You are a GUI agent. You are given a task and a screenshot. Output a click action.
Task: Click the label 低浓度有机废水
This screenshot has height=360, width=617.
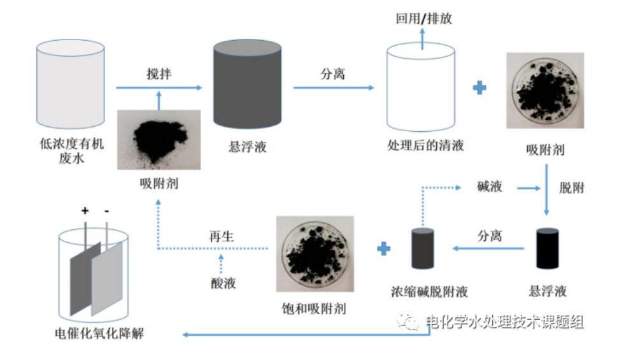pos(71,152)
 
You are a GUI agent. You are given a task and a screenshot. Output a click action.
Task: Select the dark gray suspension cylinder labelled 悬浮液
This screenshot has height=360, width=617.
pos(247,84)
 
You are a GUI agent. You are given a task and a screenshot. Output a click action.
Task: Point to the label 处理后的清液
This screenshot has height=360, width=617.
pos(425,145)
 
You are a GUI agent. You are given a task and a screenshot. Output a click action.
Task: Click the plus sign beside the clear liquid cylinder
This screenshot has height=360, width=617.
pos(480,87)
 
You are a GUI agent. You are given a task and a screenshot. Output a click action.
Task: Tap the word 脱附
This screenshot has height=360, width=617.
pos(571,187)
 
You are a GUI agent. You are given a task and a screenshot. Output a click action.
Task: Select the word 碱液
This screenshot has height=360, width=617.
pos(490,187)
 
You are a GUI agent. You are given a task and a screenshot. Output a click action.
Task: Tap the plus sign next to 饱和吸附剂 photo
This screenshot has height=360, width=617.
pos(383,248)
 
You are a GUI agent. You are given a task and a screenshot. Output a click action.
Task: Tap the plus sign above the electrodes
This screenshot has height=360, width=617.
pos(84,210)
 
